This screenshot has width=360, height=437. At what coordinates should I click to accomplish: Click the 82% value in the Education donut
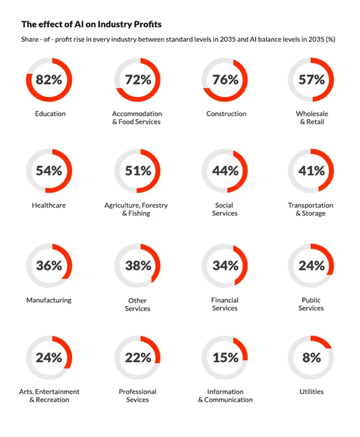[48, 80]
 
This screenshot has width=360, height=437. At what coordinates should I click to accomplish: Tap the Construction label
[226, 114]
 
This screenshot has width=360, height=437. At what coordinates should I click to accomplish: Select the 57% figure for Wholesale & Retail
[312, 80]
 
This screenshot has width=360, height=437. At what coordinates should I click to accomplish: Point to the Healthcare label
[48, 205]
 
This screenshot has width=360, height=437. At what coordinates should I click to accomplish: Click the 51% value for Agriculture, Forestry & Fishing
[138, 171]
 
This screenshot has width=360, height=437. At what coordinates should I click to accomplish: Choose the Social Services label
[224, 209]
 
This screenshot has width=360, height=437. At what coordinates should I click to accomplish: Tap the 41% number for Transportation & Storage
[312, 171]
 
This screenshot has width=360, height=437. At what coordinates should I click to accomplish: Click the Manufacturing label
[48, 300]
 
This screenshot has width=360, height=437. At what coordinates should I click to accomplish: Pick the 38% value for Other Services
[138, 265]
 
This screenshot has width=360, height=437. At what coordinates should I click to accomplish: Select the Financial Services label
[224, 304]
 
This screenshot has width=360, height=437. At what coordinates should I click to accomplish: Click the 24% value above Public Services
[312, 265]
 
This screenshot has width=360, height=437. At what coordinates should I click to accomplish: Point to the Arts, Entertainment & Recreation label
[49, 396]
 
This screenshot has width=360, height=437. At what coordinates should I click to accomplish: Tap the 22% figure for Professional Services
[138, 357]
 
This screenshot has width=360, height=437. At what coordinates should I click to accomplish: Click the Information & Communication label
[225, 396]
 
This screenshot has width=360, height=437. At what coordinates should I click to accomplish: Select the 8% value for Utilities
[312, 357]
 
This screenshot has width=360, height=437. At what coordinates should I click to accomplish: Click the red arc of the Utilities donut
[322, 341]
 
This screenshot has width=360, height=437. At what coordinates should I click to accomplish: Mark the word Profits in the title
[147, 24]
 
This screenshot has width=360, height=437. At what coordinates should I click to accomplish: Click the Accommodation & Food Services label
[137, 117]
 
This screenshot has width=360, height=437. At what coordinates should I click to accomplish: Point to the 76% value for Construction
[225, 80]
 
